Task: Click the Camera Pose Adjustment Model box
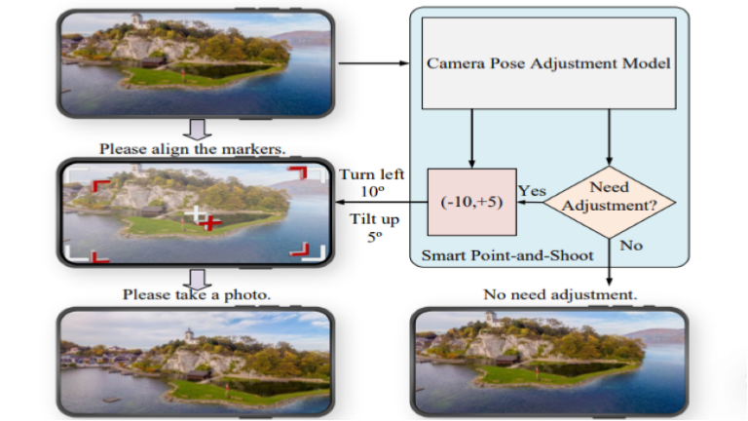point(547,64)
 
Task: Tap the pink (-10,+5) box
point(471,202)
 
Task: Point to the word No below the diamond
point(631,245)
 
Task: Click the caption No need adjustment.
point(560,293)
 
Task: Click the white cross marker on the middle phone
point(197,212)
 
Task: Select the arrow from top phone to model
point(376,64)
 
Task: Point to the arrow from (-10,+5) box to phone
point(380,204)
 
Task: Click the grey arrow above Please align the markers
point(196,129)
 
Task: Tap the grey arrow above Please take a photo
point(196,276)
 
